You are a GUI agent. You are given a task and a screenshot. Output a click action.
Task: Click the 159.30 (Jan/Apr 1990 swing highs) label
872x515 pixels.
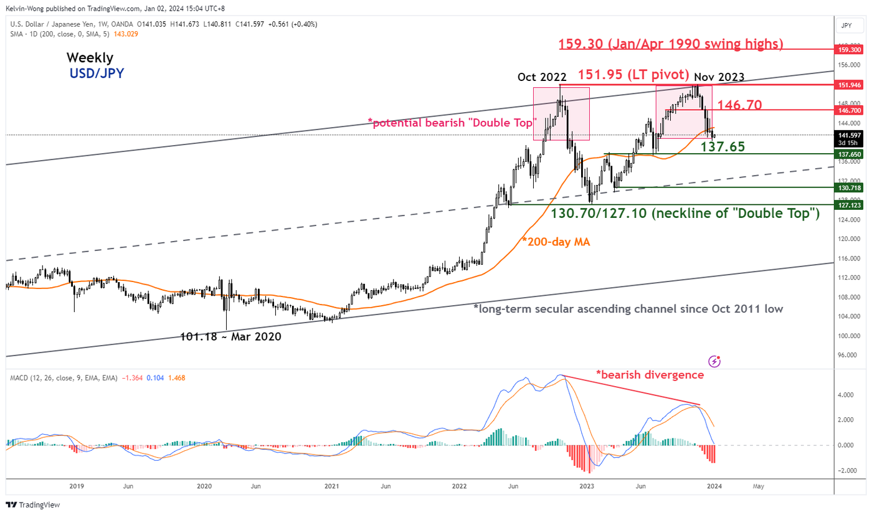[670, 44]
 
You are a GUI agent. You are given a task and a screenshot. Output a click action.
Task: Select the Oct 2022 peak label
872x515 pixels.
[542, 77]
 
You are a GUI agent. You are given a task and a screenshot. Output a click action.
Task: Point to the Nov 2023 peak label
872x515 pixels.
[719, 77]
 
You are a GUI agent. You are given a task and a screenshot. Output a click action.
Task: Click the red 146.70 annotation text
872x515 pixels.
[739, 105]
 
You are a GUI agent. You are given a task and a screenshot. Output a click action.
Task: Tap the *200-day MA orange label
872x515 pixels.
[556, 242]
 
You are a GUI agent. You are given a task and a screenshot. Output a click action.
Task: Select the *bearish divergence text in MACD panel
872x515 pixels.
[650, 375]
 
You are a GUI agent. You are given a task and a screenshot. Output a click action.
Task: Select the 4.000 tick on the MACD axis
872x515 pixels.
[846, 394]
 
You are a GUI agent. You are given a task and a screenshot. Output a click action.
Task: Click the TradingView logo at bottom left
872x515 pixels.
[31, 505]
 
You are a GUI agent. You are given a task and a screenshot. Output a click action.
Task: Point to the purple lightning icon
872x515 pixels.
[714, 361]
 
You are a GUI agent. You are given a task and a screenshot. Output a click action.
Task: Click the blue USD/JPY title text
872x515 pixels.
[97, 73]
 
